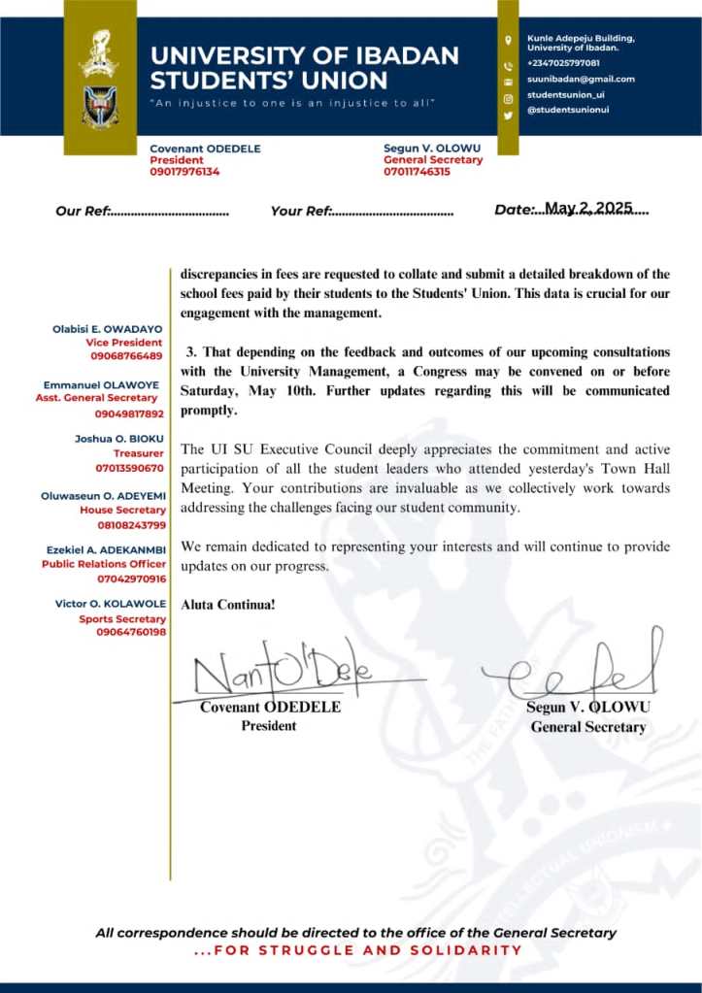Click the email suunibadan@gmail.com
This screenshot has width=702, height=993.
click(x=581, y=79)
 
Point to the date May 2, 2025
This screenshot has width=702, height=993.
click(x=588, y=208)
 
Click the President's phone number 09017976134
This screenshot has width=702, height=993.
click(x=184, y=172)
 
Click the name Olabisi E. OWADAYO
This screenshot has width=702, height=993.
click(x=107, y=330)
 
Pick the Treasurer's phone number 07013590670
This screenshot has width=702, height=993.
click(x=130, y=468)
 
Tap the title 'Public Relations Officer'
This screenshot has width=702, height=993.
click(x=103, y=564)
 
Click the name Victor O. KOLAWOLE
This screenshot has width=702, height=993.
click(x=110, y=605)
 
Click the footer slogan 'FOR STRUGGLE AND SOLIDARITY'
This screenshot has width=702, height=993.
click(x=358, y=950)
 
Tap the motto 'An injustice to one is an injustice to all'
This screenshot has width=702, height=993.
click(x=292, y=103)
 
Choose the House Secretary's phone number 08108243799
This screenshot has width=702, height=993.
click(x=130, y=525)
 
